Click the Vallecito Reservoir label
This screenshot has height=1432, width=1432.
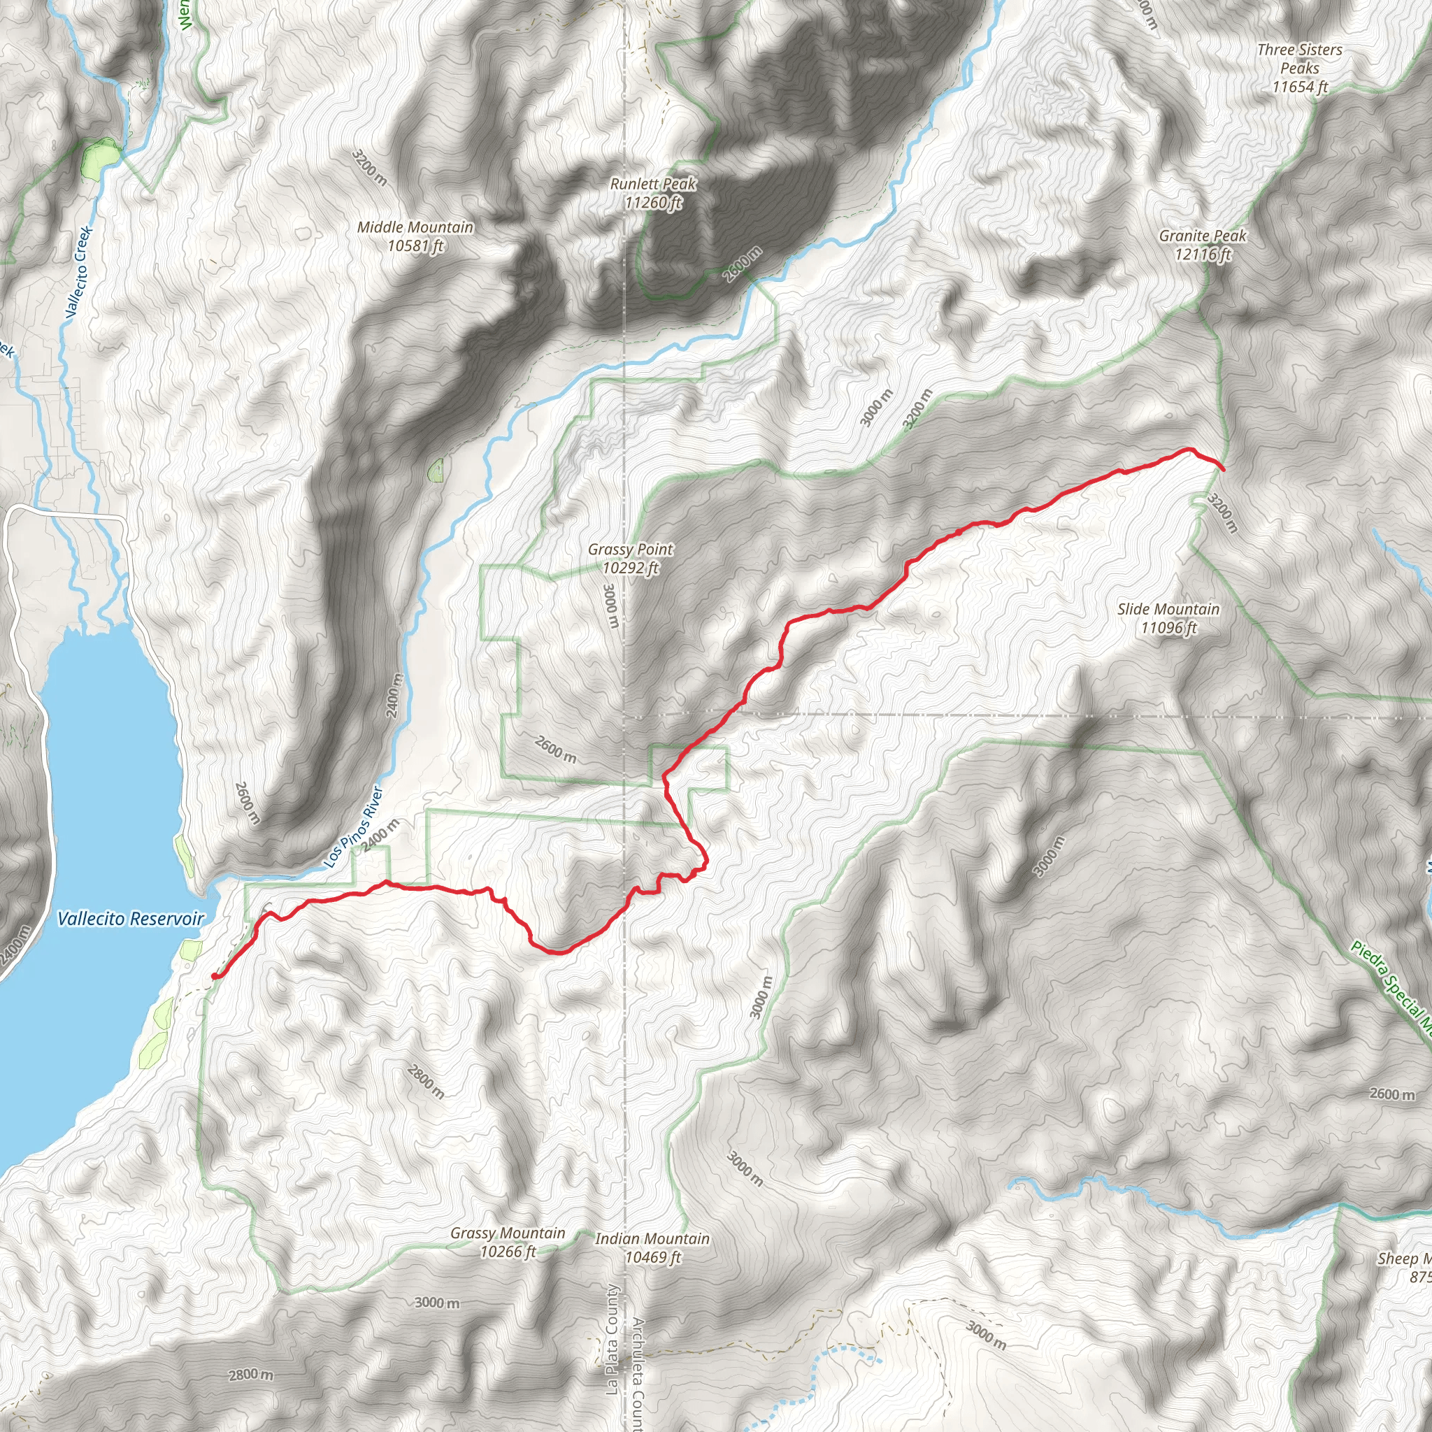tap(131, 919)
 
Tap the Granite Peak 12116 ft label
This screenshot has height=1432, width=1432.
tap(1202, 245)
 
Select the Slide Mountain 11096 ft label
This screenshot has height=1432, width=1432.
tap(1168, 618)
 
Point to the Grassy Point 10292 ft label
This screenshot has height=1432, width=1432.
tap(630, 559)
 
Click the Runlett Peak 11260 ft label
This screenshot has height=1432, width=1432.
tap(653, 193)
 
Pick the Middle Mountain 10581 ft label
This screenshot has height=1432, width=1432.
tap(415, 236)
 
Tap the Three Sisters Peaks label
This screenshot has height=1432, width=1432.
tap(1299, 67)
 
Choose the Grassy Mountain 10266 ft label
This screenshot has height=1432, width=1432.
tap(508, 1243)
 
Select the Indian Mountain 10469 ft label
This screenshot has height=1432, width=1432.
tap(652, 1248)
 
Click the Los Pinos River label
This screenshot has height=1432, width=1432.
tap(355, 827)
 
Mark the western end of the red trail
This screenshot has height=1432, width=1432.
tap(214, 976)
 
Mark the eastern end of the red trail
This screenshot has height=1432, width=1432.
tap(1222, 469)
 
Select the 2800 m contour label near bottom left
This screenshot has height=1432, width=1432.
tap(250, 1375)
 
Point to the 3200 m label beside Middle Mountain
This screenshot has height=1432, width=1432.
tap(369, 168)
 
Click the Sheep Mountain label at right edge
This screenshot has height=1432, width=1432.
tap(1405, 1267)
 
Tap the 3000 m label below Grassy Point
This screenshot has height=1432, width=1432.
tap(610, 606)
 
